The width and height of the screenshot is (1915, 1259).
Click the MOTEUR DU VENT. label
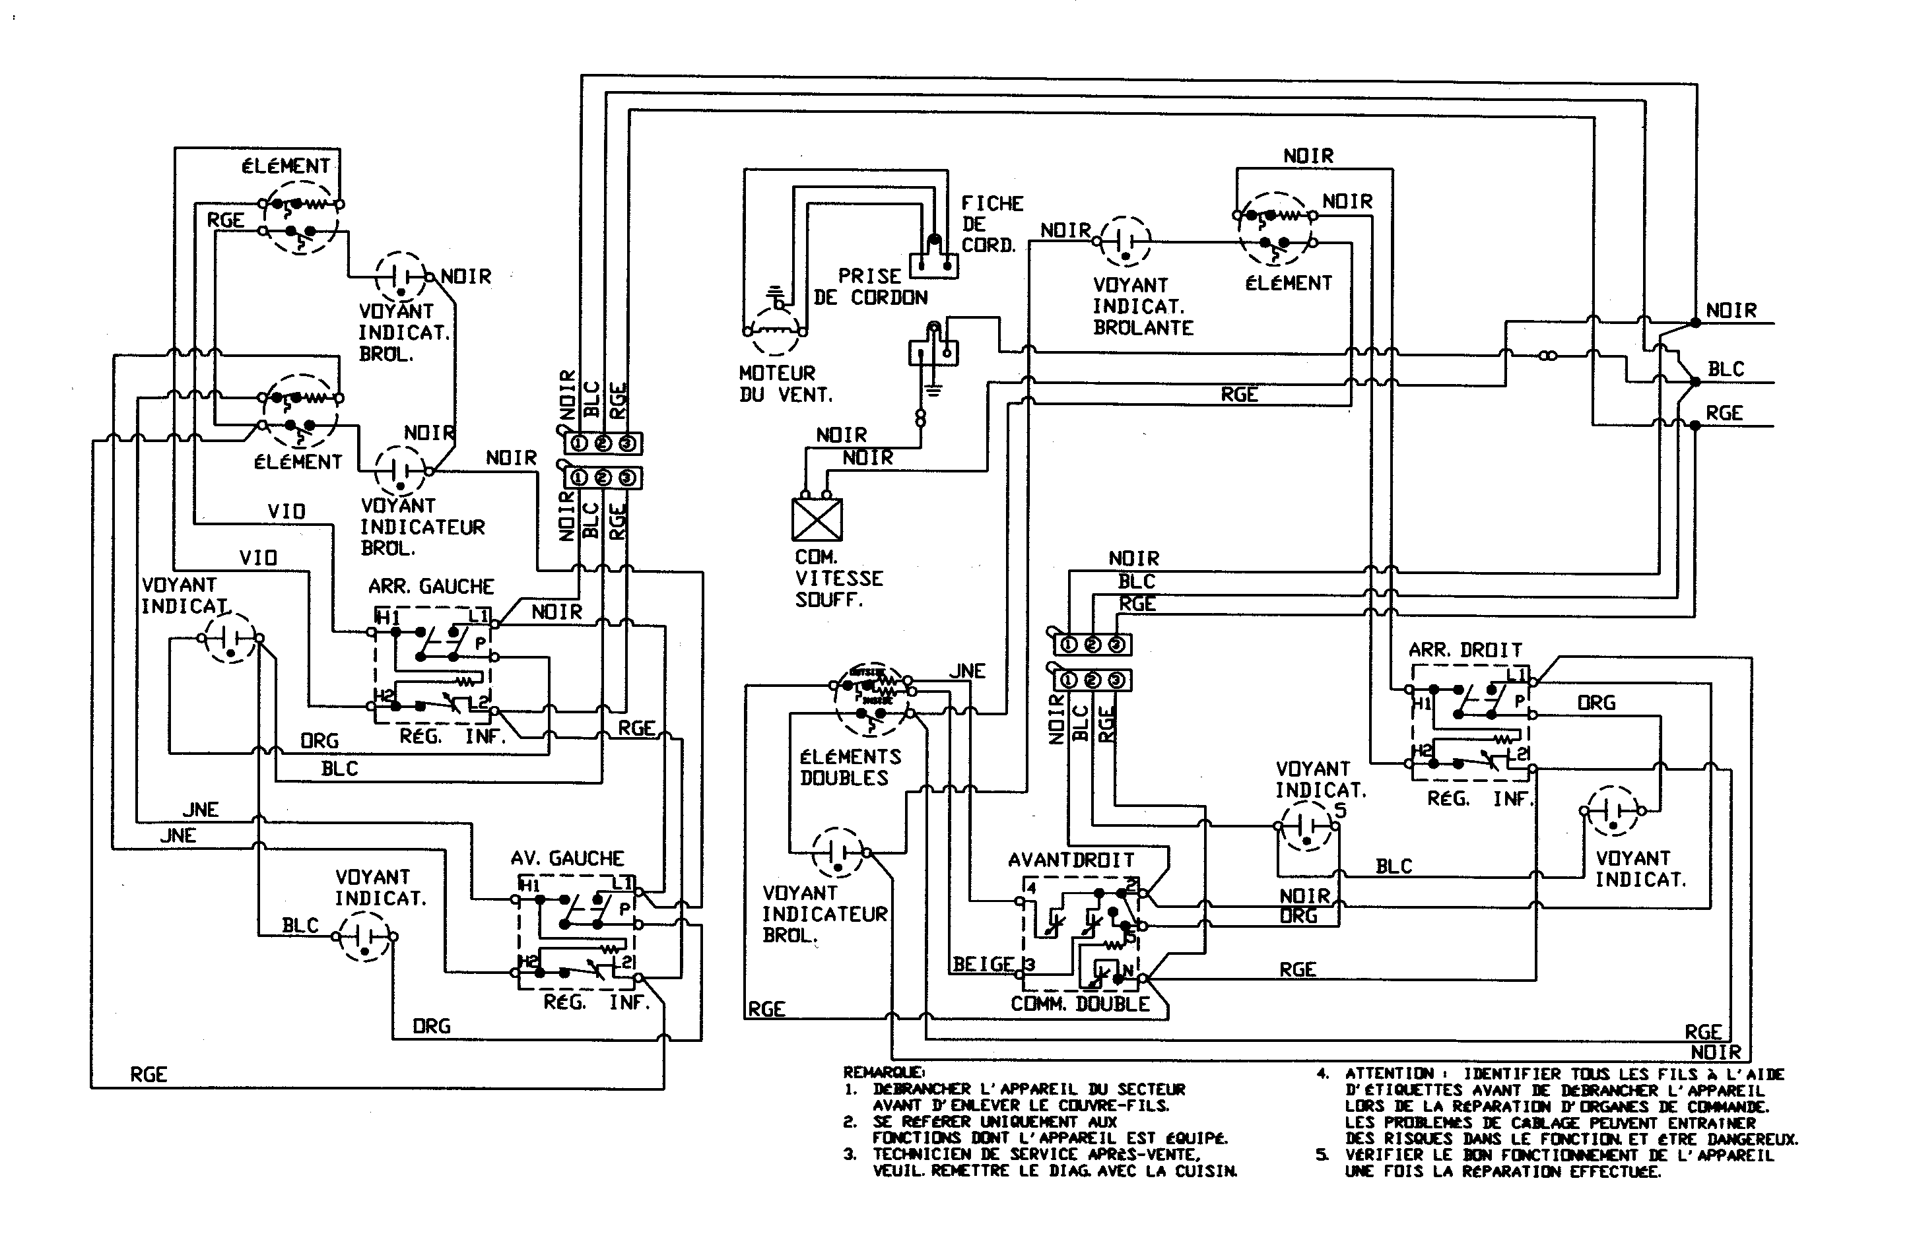[x=784, y=384]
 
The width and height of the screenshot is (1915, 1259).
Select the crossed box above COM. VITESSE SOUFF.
[x=817, y=519]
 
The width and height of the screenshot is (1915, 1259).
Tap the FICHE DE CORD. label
[x=991, y=224]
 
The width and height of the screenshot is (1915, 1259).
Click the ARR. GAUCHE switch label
[x=431, y=587]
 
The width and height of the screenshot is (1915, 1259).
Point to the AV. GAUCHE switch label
[x=566, y=858]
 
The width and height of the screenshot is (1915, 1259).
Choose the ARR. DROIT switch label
[x=1464, y=650]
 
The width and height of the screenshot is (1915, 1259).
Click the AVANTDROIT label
[x=1071, y=860]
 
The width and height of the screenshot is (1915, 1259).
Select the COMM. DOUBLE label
[x=1080, y=1004]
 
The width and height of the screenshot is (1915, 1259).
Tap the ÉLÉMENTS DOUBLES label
[x=850, y=767]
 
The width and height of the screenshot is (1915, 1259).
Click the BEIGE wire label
[x=982, y=964]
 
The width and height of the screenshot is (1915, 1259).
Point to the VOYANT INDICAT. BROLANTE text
[x=1142, y=307]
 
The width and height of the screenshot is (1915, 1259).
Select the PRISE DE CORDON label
[x=871, y=286]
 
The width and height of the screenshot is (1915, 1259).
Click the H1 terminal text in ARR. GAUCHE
[x=388, y=618]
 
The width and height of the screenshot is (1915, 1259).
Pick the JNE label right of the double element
[x=966, y=671]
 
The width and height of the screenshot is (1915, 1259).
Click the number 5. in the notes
[x=1322, y=1155]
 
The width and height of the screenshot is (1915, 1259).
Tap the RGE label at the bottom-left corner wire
[x=148, y=1075]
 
